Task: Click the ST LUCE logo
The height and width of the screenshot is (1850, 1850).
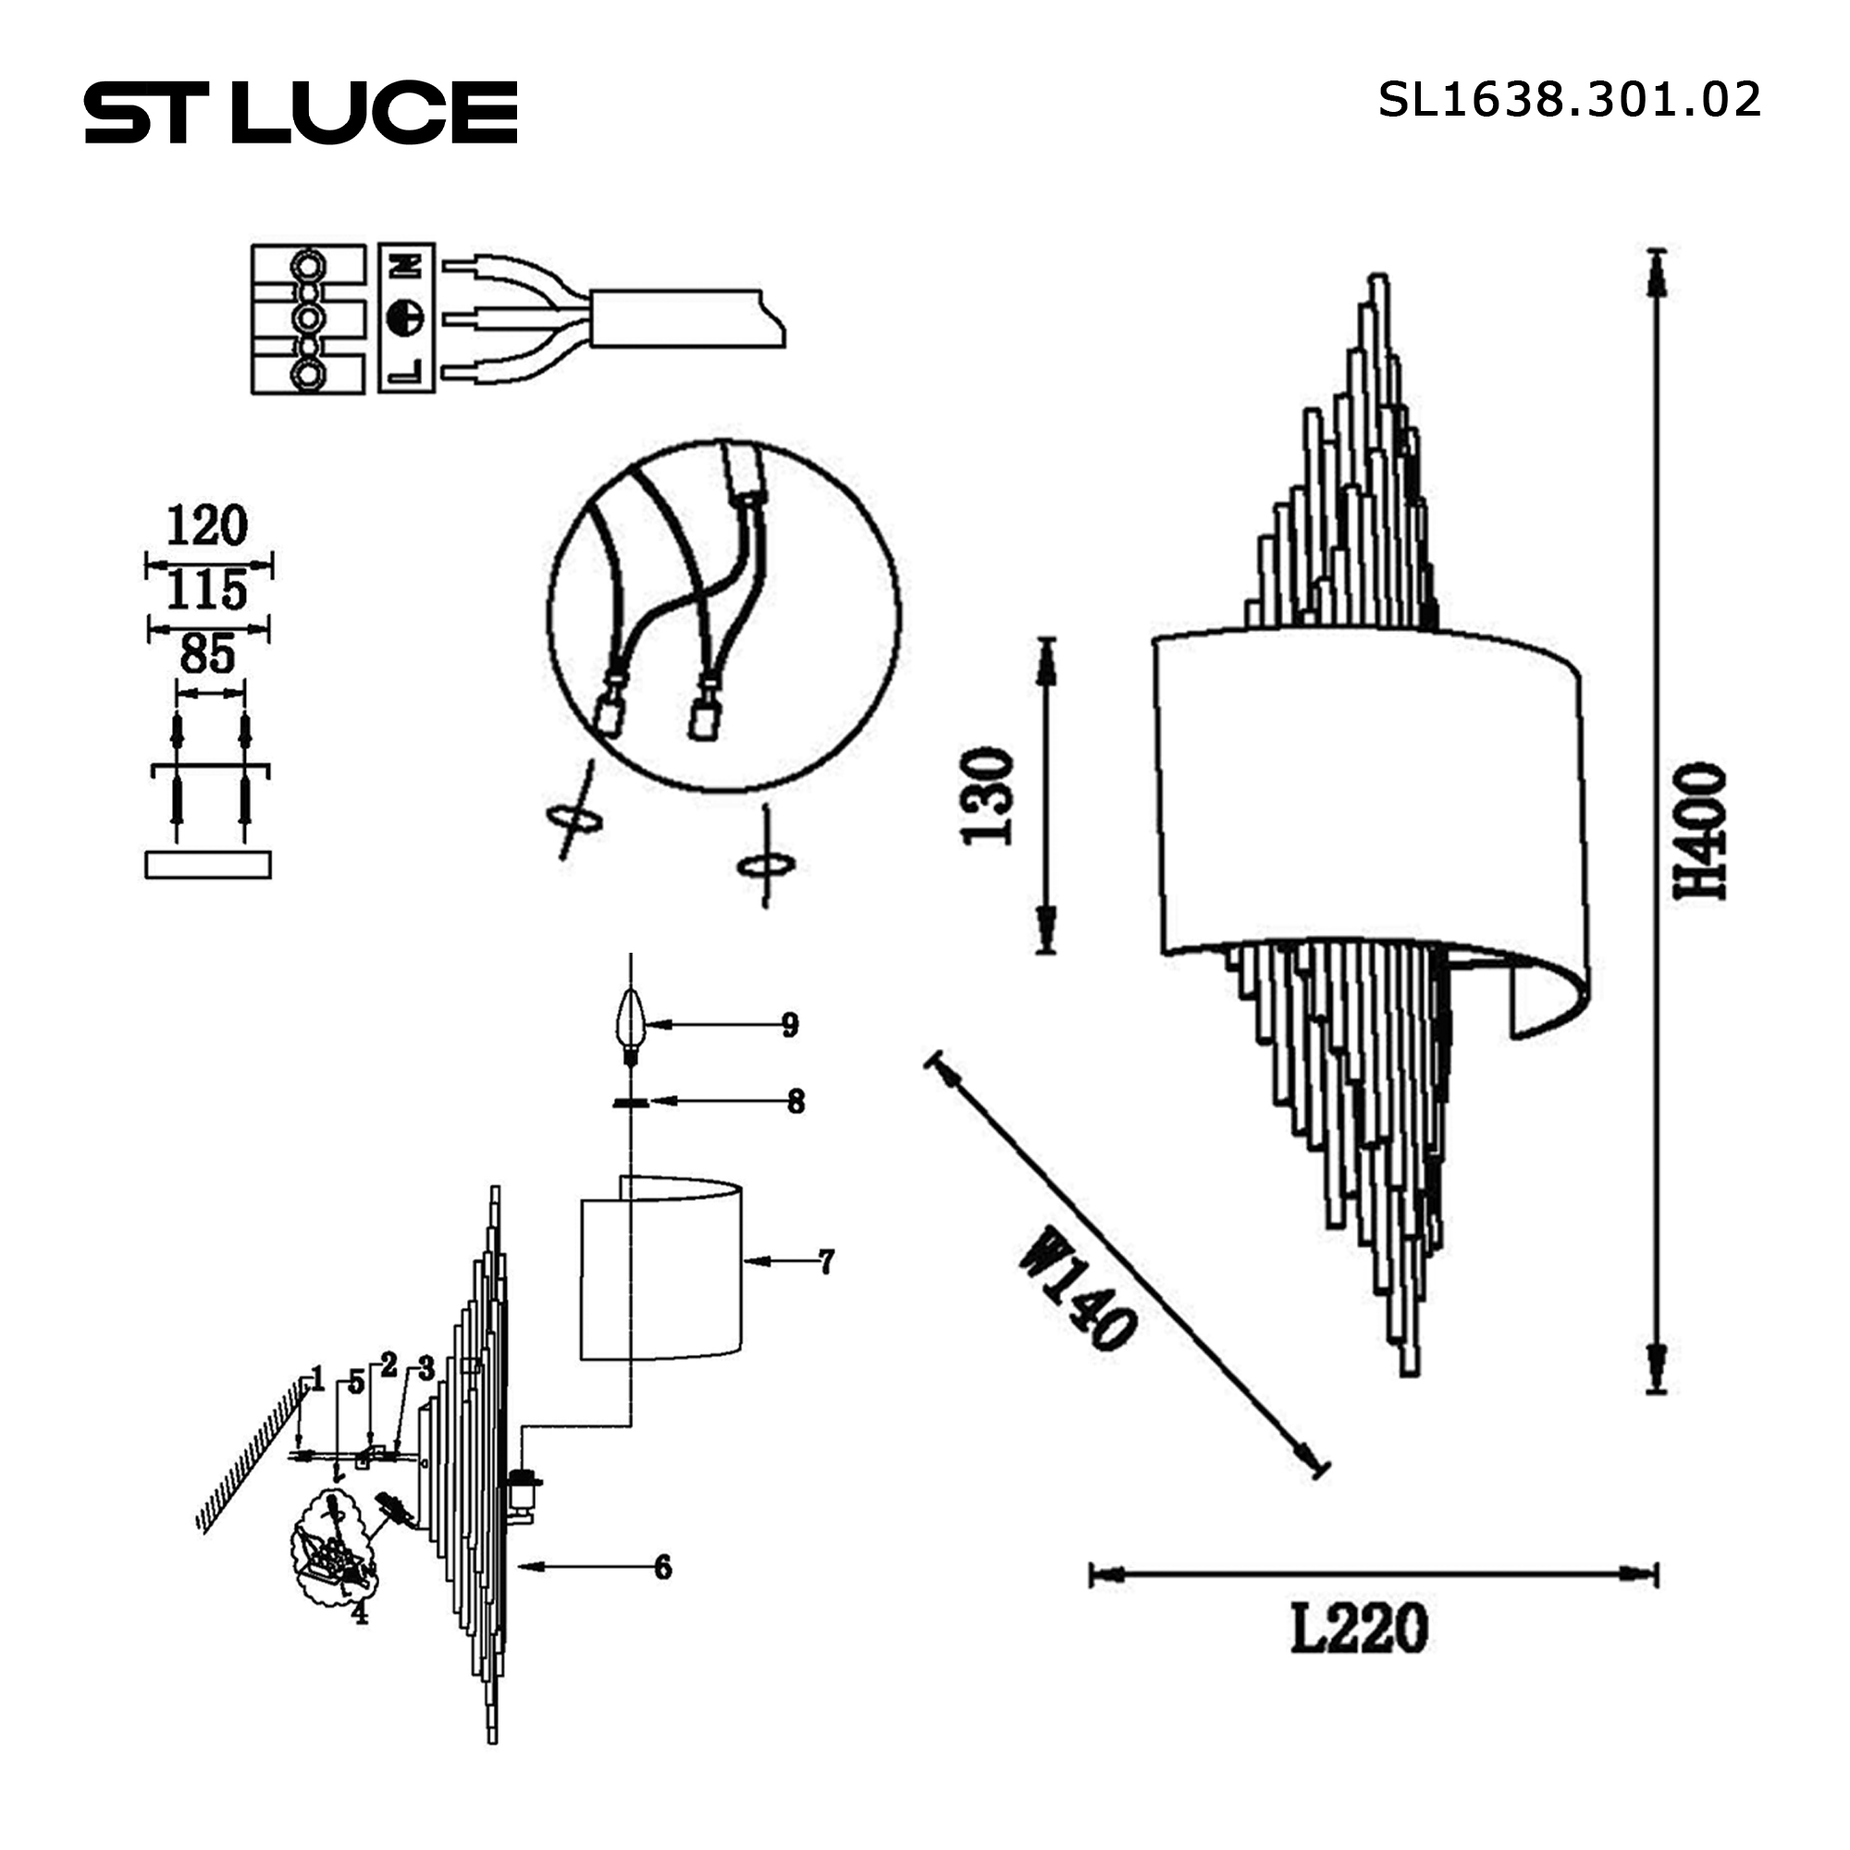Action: pyautogui.click(x=301, y=113)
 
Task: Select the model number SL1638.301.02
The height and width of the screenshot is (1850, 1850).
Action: pyautogui.click(x=1570, y=100)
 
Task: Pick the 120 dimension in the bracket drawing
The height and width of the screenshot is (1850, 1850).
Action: pyautogui.click(x=207, y=525)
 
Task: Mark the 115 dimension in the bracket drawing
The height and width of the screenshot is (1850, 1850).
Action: pyautogui.click(x=207, y=590)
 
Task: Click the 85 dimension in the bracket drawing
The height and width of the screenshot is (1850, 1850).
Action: pyautogui.click(x=207, y=655)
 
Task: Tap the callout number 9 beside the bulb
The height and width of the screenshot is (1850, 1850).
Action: pyautogui.click(x=790, y=1026)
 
